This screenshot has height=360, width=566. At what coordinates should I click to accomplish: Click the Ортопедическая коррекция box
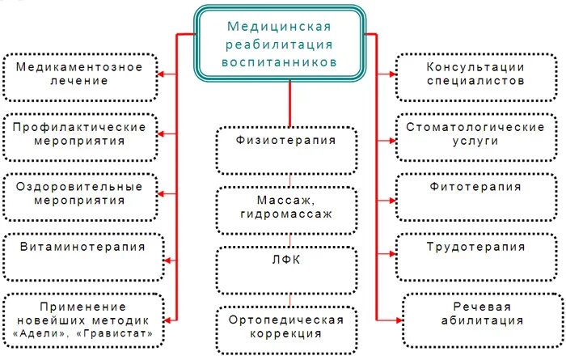[x=286, y=327]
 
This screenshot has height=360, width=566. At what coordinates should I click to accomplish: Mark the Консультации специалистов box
[x=476, y=74]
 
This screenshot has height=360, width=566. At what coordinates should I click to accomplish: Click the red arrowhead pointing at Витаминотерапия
[x=167, y=260]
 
